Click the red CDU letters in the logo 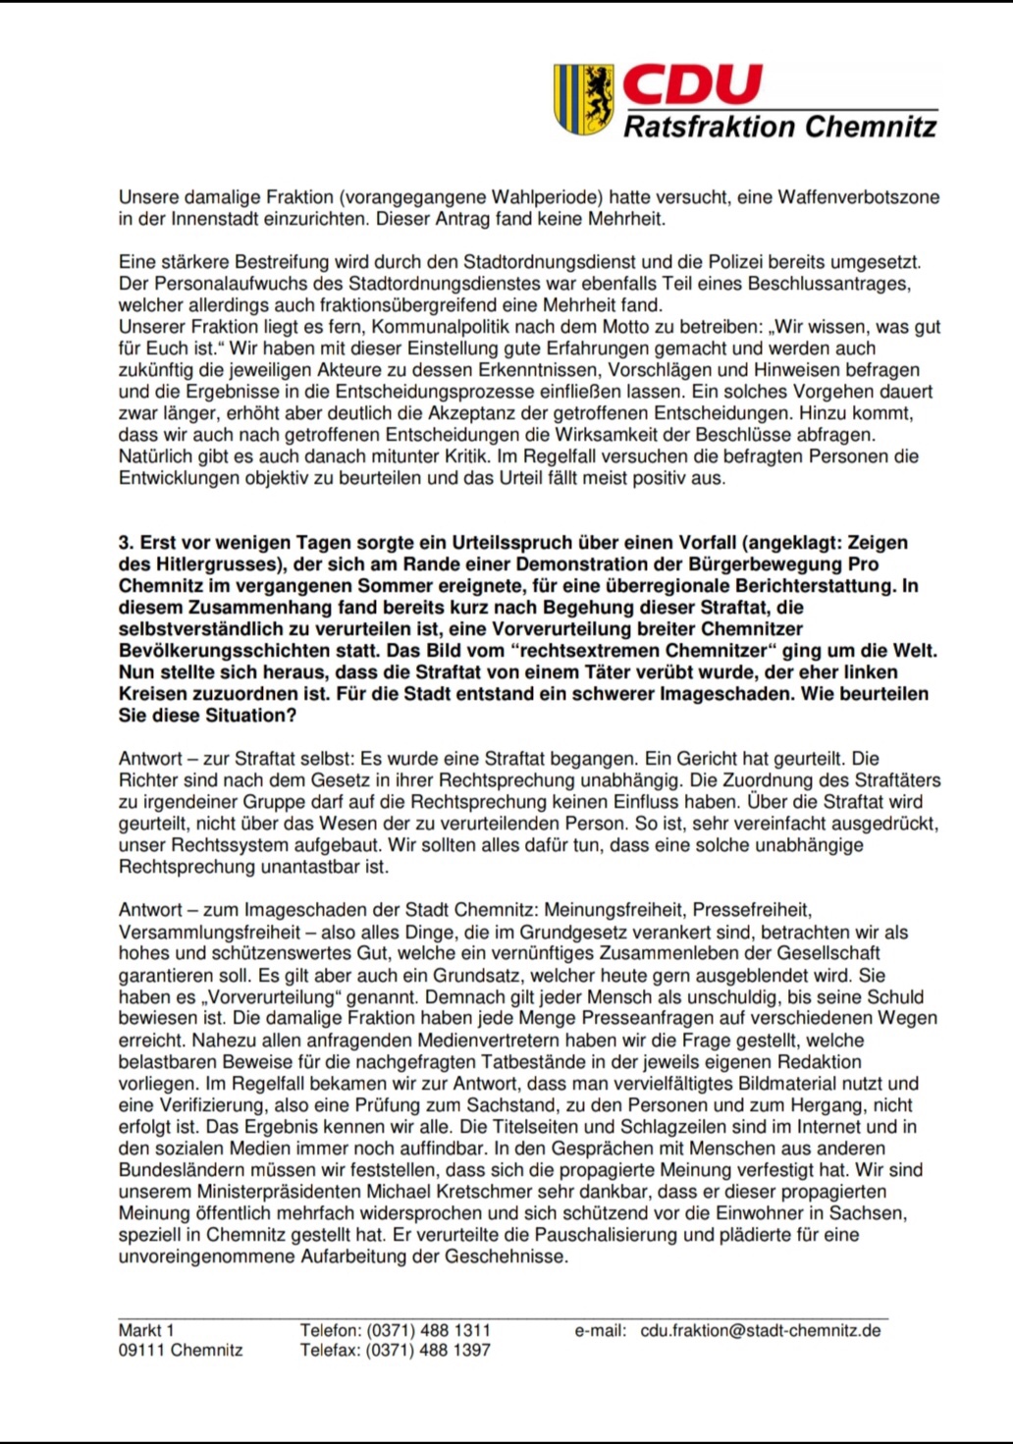point(692,84)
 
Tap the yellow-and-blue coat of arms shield point(584,98)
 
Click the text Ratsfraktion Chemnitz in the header point(780,127)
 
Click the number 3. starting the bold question point(126,543)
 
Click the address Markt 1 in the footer point(146,1331)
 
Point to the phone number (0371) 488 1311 point(428,1331)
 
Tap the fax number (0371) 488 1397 point(428,1351)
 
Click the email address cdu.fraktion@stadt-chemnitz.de point(761,1331)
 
